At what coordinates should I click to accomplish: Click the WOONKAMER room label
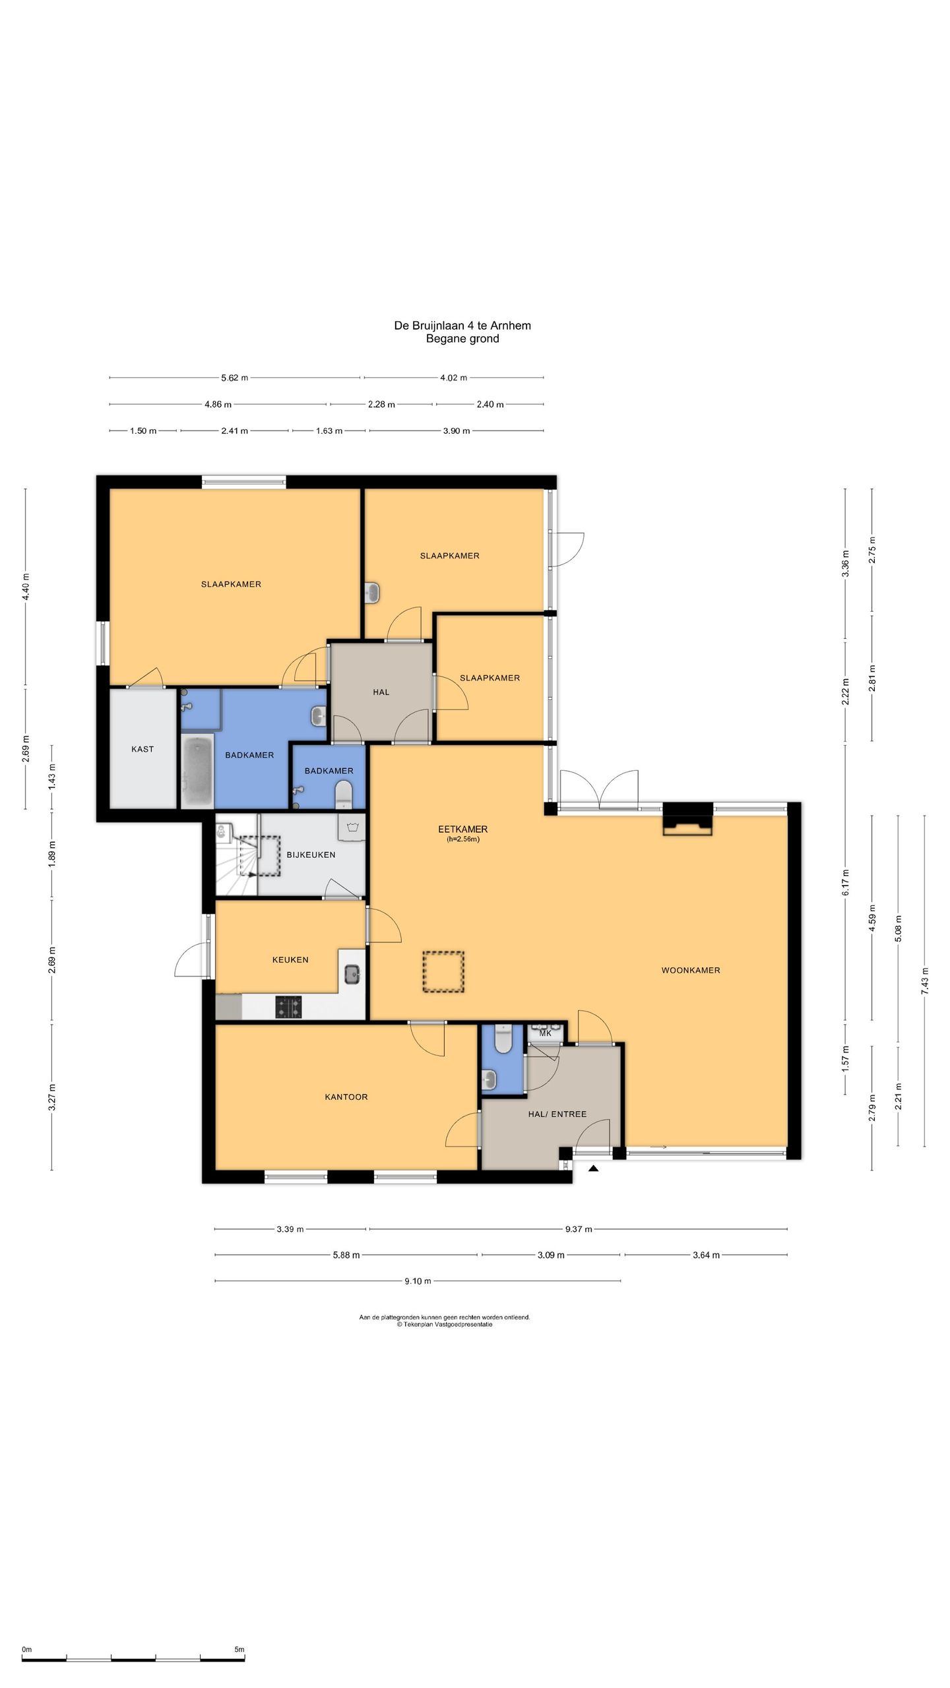pos(691,970)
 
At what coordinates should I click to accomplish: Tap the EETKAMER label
pos(462,829)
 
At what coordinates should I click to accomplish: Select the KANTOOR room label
pos(346,1097)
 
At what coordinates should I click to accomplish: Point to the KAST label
pos(142,749)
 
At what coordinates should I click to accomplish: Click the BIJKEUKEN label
pos(311,855)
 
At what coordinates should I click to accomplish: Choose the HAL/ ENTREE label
pos(557,1114)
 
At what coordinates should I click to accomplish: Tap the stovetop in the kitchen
pos(290,1007)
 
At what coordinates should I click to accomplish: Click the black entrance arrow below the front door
pos(593,1168)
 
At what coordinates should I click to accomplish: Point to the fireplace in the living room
pos(688,820)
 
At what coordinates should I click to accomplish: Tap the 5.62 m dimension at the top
pos(235,378)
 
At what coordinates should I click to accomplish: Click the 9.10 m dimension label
pos(418,1281)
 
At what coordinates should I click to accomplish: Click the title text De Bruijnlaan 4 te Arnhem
pos(462,325)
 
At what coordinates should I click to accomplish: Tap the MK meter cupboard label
pos(545,1033)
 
